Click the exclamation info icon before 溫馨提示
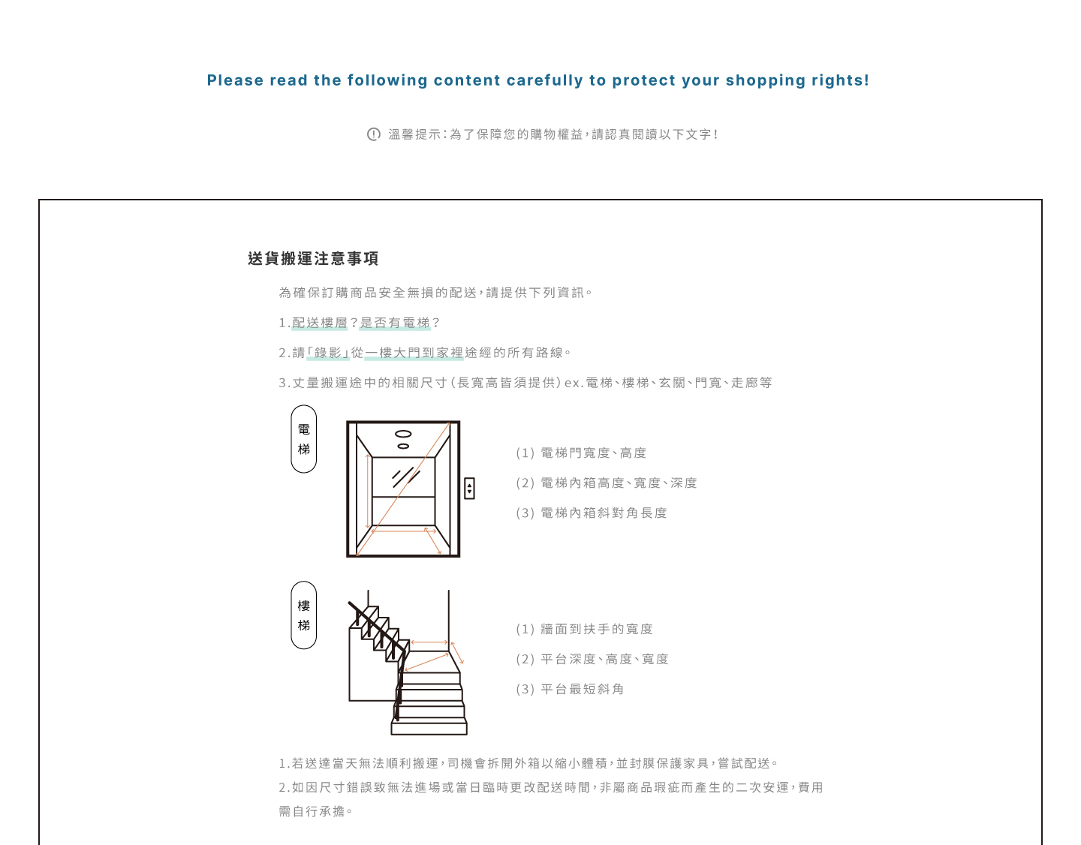374,134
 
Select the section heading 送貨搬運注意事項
313,259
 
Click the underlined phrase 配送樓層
320,323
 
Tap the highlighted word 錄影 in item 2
328,353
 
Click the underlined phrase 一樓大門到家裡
414,353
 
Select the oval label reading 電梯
304,439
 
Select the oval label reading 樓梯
304,615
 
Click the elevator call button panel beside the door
469,489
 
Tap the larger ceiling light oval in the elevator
403,434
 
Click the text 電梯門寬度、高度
593,453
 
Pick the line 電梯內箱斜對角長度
604,513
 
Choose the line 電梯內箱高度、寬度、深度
619,483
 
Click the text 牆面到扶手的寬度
597,630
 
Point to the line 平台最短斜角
582,690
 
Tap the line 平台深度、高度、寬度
604,660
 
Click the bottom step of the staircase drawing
429,727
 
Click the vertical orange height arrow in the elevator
368,492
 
